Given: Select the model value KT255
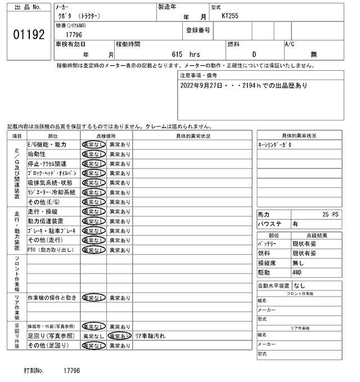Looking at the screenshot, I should pyautogui.click(x=231, y=16).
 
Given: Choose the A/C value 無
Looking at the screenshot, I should pyautogui.click(x=313, y=54).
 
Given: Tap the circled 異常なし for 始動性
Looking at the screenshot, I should pyautogui.click(x=93, y=154).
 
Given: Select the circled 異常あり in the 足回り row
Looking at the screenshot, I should pyautogui.click(x=119, y=336).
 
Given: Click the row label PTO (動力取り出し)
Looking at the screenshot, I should pyautogui.click(x=51, y=249).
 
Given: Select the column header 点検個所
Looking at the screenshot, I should pyautogui.click(x=106, y=135).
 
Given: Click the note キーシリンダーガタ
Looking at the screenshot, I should pyautogui.click(x=275, y=144).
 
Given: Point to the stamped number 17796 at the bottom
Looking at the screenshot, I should pyautogui.click(x=72, y=371).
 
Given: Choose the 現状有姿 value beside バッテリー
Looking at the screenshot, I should pyautogui.click(x=305, y=245).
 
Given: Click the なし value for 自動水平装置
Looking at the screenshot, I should pyautogui.click(x=299, y=285).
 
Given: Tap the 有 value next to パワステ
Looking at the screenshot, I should pyautogui.click(x=295, y=224).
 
